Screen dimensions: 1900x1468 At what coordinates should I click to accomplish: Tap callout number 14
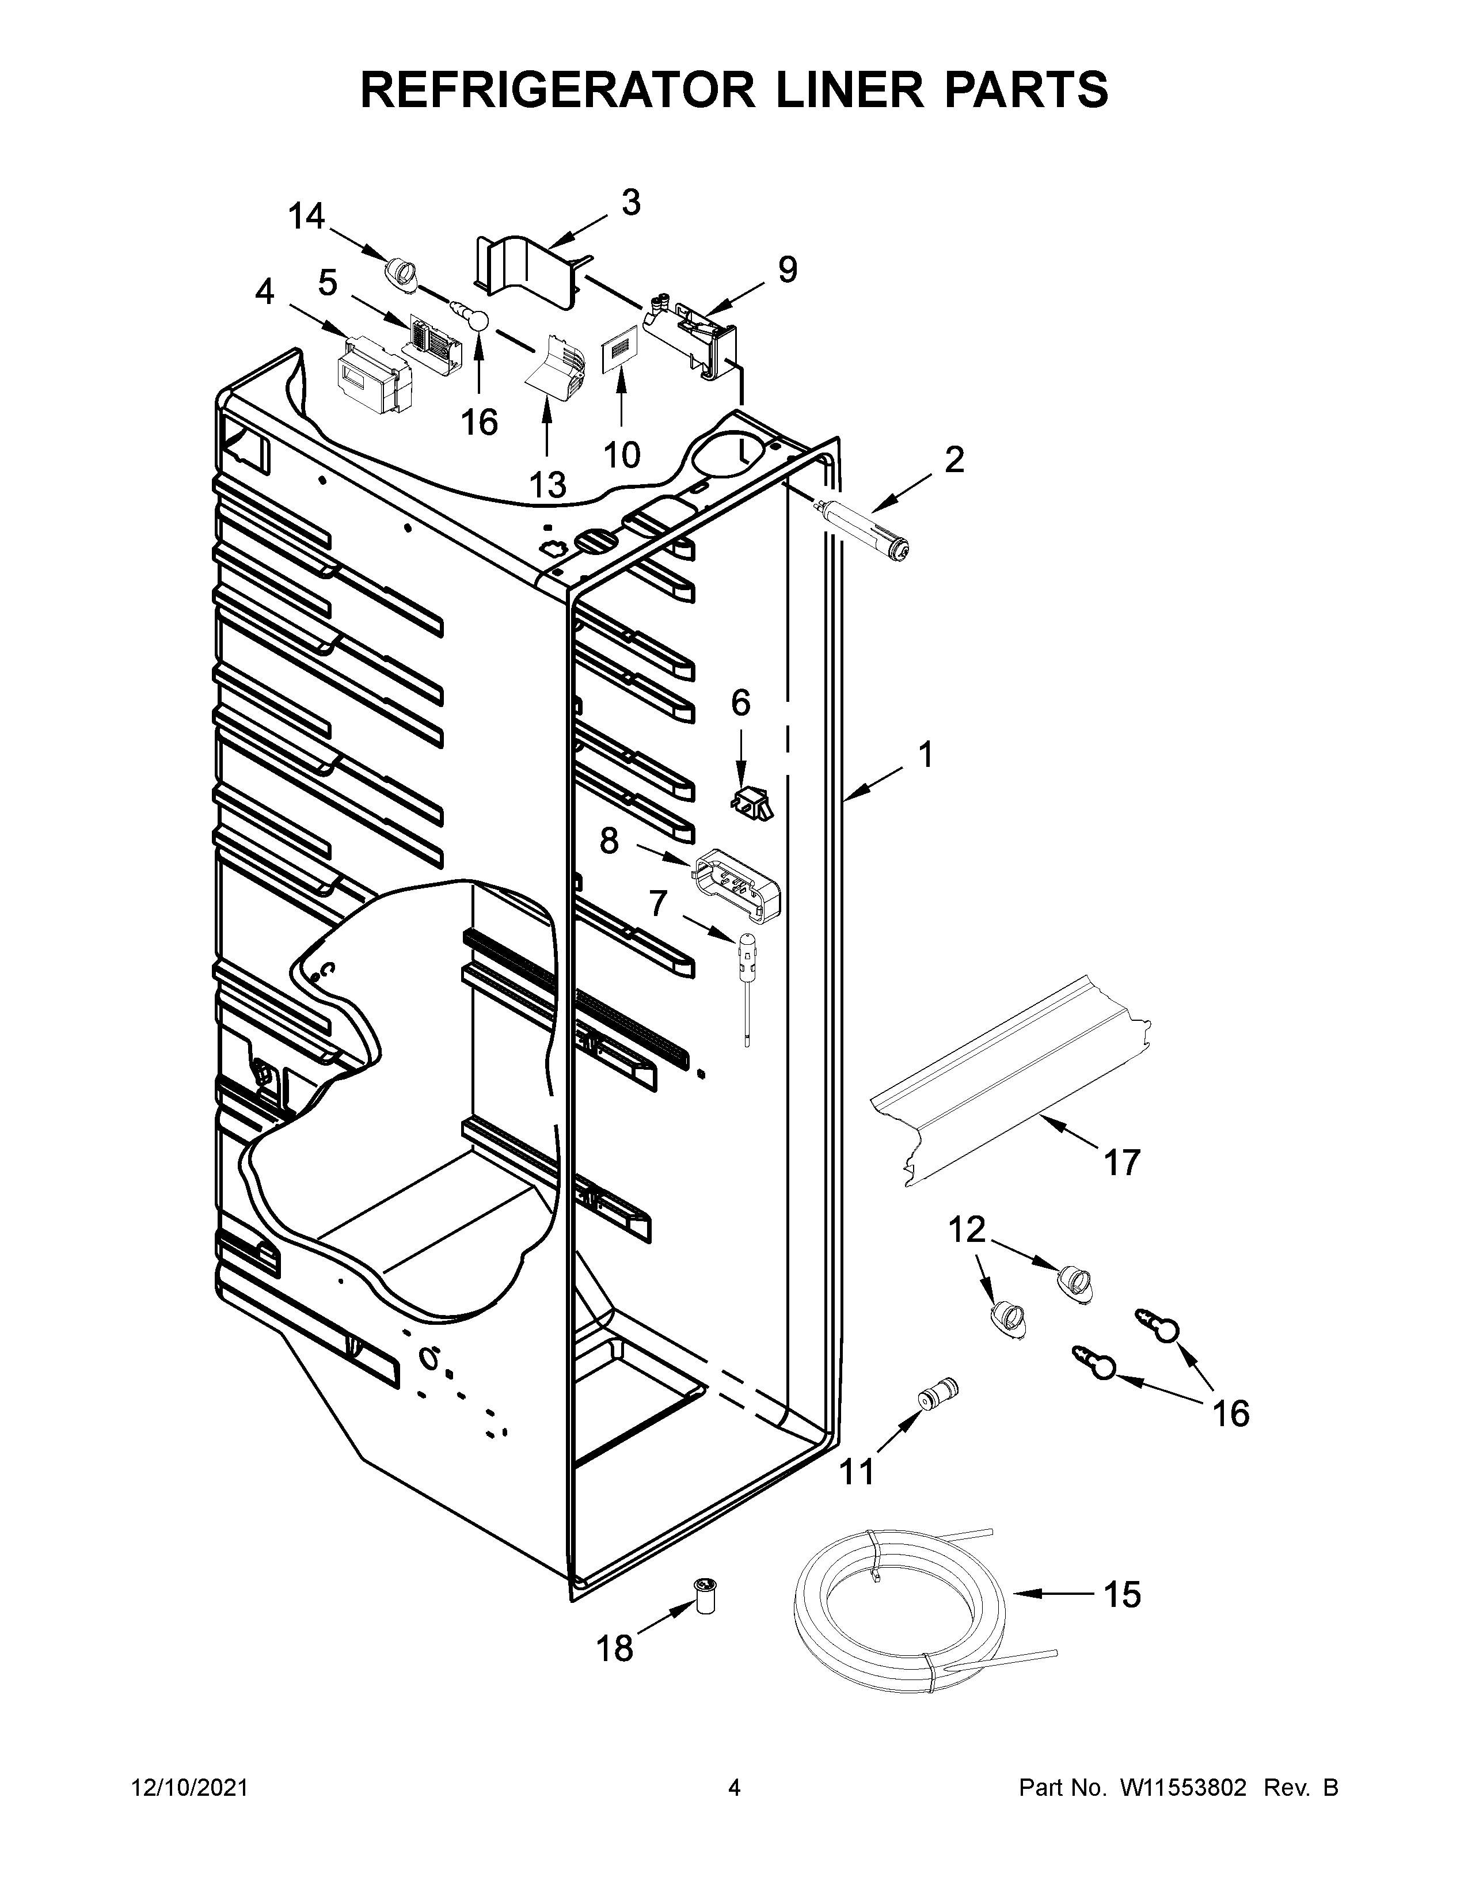point(306,216)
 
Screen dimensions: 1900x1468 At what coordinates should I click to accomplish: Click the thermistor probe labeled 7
point(746,979)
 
